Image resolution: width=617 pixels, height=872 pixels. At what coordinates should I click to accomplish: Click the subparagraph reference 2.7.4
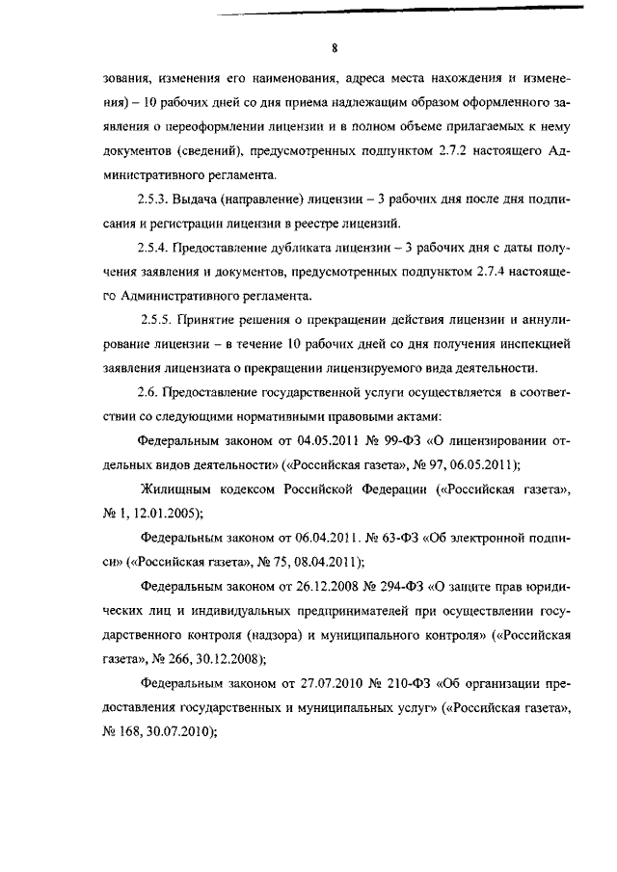click(x=497, y=273)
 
